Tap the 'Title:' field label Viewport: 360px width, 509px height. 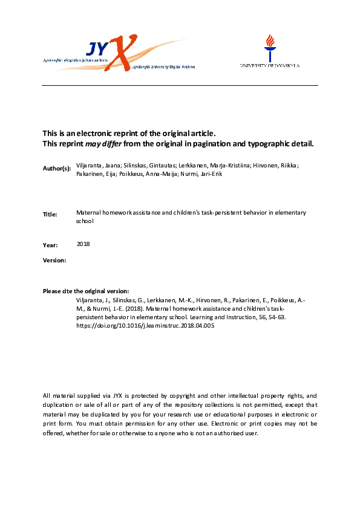point(50,214)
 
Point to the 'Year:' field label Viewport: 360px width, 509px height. point(50,245)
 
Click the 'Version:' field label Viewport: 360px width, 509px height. point(54,260)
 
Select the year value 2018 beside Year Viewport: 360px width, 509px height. point(83,244)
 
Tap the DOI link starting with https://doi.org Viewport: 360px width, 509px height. point(145,326)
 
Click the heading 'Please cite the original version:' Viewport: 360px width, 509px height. point(86,291)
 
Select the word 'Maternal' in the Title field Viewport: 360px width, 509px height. point(88,213)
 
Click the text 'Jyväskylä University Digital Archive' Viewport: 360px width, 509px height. point(164,67)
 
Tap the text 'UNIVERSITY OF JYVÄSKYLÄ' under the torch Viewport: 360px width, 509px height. point(269,65)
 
